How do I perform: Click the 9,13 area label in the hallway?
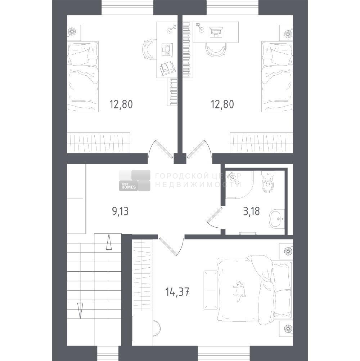tap(120, 211)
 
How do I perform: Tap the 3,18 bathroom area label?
tap(251, 211)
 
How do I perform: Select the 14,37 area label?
tap(177, 292)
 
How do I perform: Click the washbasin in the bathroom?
tap(277, 219)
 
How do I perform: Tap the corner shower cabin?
tap(239, 184)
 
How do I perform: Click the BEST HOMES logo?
tap(135, 180)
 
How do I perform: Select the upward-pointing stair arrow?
tap(109, 242)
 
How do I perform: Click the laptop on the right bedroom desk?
tap(216, 32)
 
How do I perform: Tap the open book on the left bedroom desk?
tap(167, 68)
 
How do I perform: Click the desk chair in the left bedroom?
tap(149, 50)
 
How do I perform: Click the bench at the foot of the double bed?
tap(211, 290)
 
